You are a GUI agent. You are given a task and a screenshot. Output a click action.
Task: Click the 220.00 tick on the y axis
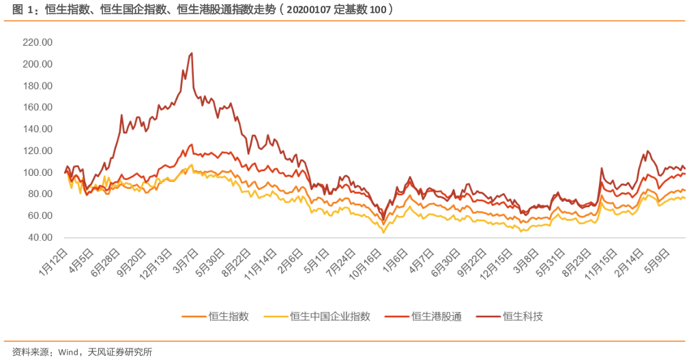pos(38,42)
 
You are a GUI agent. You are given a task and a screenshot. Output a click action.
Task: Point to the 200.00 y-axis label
pos(38,64)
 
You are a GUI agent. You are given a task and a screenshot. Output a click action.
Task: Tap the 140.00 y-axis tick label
pos(38,129)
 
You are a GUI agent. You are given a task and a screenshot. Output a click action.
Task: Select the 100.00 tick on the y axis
pos(38,172)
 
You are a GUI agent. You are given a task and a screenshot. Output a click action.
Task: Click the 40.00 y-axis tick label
pos(40,237)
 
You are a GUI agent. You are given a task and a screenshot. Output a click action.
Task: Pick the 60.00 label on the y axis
pos(40,215)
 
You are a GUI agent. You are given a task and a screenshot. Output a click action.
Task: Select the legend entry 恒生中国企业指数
pos(330,316)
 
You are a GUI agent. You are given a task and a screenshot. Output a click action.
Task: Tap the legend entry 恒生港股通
pos(437,316)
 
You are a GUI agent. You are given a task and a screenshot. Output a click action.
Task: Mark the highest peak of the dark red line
pos(192,53)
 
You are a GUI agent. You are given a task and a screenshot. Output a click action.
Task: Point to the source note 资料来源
pos(29,352)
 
